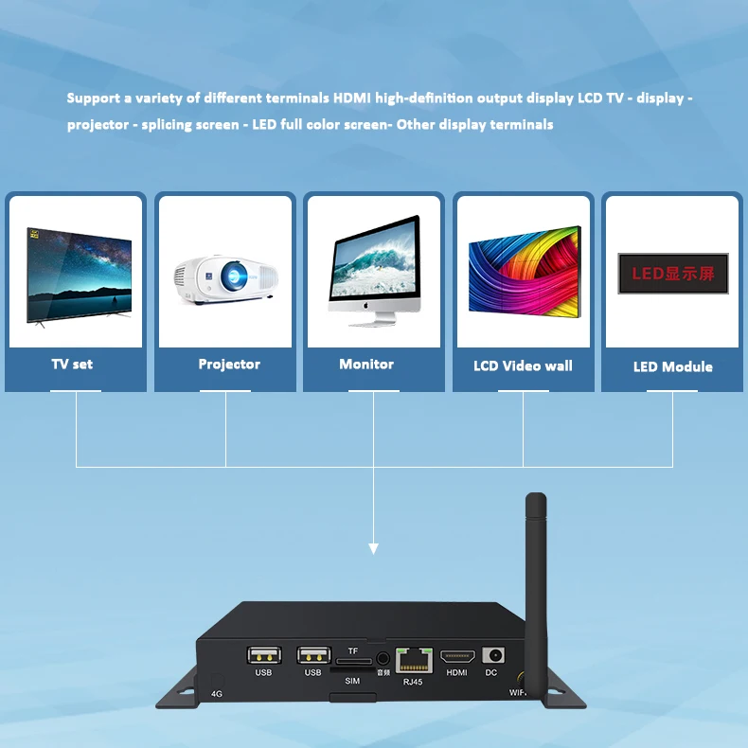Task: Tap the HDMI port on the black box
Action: click(x=457, y=656)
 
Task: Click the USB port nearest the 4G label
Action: click(x=263, y=655)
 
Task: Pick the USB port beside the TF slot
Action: click(x=312, y=655)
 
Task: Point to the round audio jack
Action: click(x=383, y=657)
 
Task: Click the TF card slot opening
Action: click(x=352, y=661)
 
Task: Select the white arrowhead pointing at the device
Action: click(x=374, y=547)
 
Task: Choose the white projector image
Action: click(x=225, y=277)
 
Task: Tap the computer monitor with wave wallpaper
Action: click(x=375, y=270)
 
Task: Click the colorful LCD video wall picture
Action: click(x=524, y=271)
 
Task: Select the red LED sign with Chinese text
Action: click(x=673, y=273)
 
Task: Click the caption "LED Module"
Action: click(x=672, y=366)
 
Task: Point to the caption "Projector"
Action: click(x=229, y=364)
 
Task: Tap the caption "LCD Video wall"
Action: click(x=523, y=365)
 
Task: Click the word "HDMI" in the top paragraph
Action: click(x=352, y=98)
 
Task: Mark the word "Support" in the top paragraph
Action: click(x=93, y=98)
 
